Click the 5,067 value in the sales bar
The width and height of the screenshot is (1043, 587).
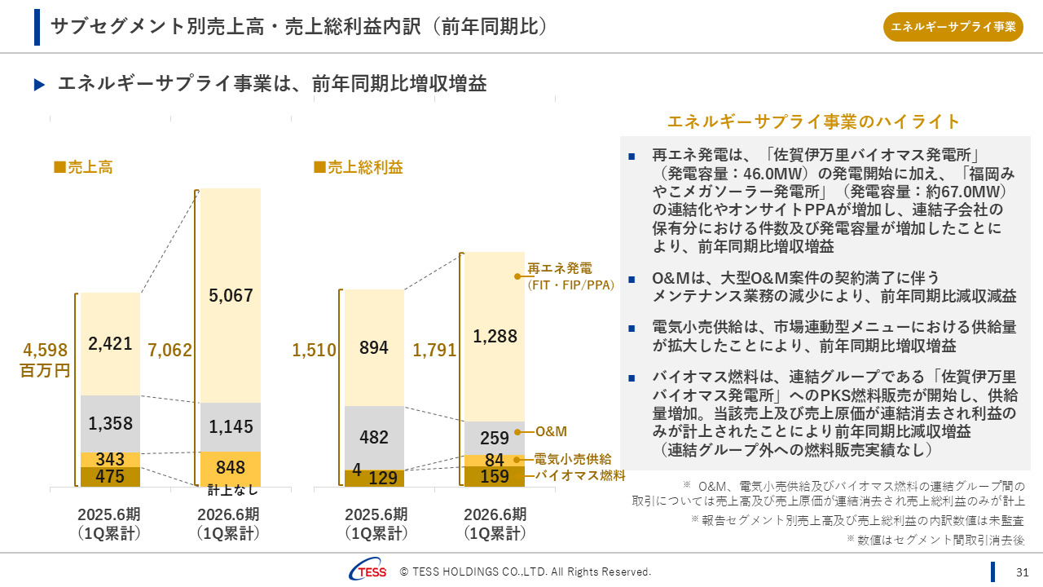click(x=231, y=295)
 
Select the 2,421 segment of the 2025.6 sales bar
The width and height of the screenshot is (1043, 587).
click(x=110, y=344)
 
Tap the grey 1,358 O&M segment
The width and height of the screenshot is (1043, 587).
click(x=110, y=424)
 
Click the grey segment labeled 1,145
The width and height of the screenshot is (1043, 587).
click(x=231, y=426)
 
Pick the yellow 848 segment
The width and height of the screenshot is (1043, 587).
click(x=231, y=468)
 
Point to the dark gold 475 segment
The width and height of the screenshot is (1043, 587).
click(x=110, y=476)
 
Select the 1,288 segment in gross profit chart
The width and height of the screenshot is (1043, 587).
click(x=494, y=335)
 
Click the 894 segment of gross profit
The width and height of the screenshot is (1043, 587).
click(x=374, y=347)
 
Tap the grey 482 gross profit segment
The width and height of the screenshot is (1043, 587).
click(x=374, y=437)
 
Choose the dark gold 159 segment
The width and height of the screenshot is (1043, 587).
click(x=494, y=476)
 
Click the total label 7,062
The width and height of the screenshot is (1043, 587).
click(x=169, y=351)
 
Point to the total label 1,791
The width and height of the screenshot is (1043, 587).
click(x=434, y=351)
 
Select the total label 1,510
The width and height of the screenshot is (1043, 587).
click(x=314, y=351)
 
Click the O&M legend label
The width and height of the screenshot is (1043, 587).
click(x=551, y=431)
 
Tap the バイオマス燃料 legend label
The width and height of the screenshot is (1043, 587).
click(x=579, y=475)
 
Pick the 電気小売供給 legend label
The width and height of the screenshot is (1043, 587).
click(x=572, y=459)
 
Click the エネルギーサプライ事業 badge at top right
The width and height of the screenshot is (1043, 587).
click(x=953, y=27)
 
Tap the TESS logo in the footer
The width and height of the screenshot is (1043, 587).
click(x=367, y=572)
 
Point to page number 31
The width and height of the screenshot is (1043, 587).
click(x=1023, y=572)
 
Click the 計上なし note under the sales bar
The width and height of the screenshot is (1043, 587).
click(x=232, y=490)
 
